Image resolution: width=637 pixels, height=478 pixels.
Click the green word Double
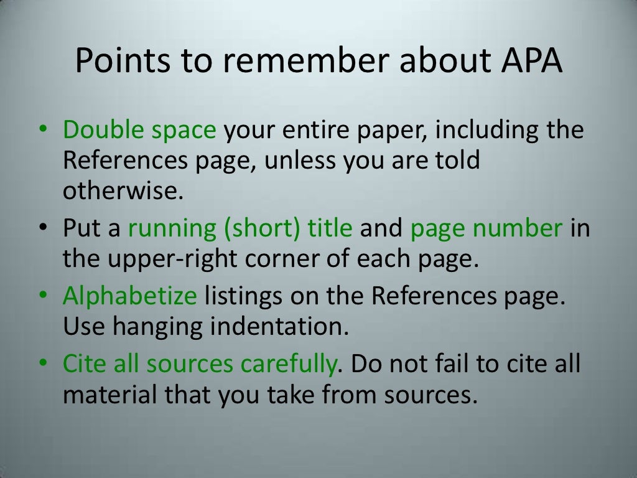101,131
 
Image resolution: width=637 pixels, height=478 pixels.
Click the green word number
518,229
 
